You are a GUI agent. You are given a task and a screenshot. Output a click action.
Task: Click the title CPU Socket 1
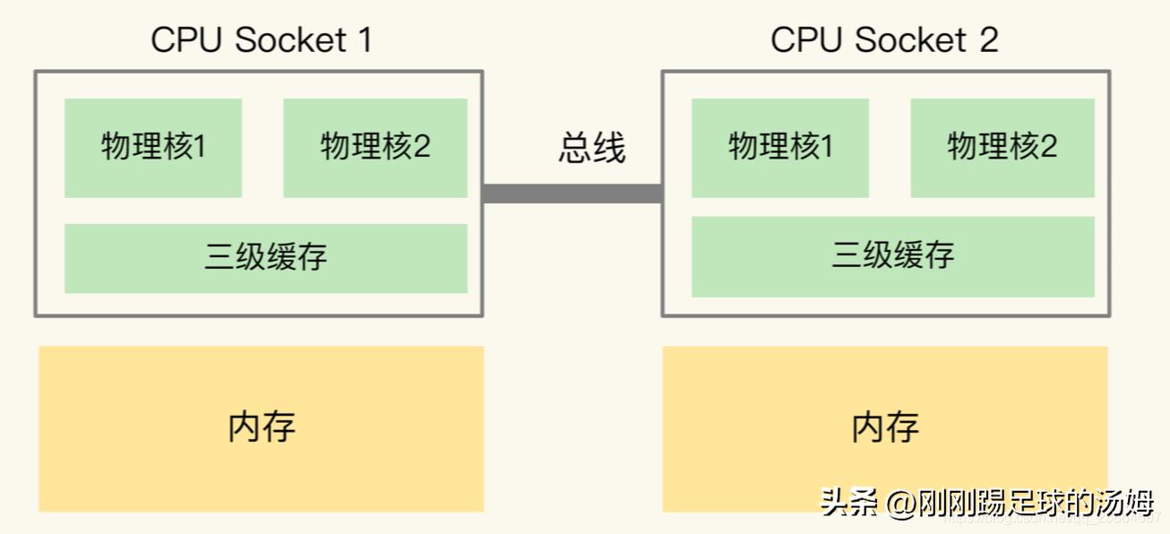[x=261, y=39]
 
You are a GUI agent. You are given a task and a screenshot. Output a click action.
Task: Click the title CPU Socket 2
[x=884, y=39]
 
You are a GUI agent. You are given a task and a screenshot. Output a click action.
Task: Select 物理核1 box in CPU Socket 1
[x=153, y=148]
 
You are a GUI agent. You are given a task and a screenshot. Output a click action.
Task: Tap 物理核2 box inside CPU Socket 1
[x=375, y=148]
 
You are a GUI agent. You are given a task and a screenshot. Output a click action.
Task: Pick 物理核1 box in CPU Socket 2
[x=780, y=148]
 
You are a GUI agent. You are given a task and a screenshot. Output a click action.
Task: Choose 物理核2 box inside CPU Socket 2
[x=1002, y=148]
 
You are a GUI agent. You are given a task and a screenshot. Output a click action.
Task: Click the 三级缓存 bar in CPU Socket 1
[x=266, y=258]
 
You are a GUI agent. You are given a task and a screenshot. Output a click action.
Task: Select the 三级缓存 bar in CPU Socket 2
[x=893, y=256]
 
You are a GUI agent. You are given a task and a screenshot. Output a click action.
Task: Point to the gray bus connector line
[x=572, y=194]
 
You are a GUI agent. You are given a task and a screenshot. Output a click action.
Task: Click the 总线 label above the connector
[x=592, y=148]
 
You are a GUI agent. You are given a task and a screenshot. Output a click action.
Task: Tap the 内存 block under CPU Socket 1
[x=262, y=428]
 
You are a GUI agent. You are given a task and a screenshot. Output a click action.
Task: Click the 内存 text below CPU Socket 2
[x=885, y=426]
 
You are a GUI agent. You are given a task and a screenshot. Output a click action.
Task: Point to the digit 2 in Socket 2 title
[x=988, y=39]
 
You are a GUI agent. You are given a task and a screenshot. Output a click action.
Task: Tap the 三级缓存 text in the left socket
[x=266, y=258]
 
